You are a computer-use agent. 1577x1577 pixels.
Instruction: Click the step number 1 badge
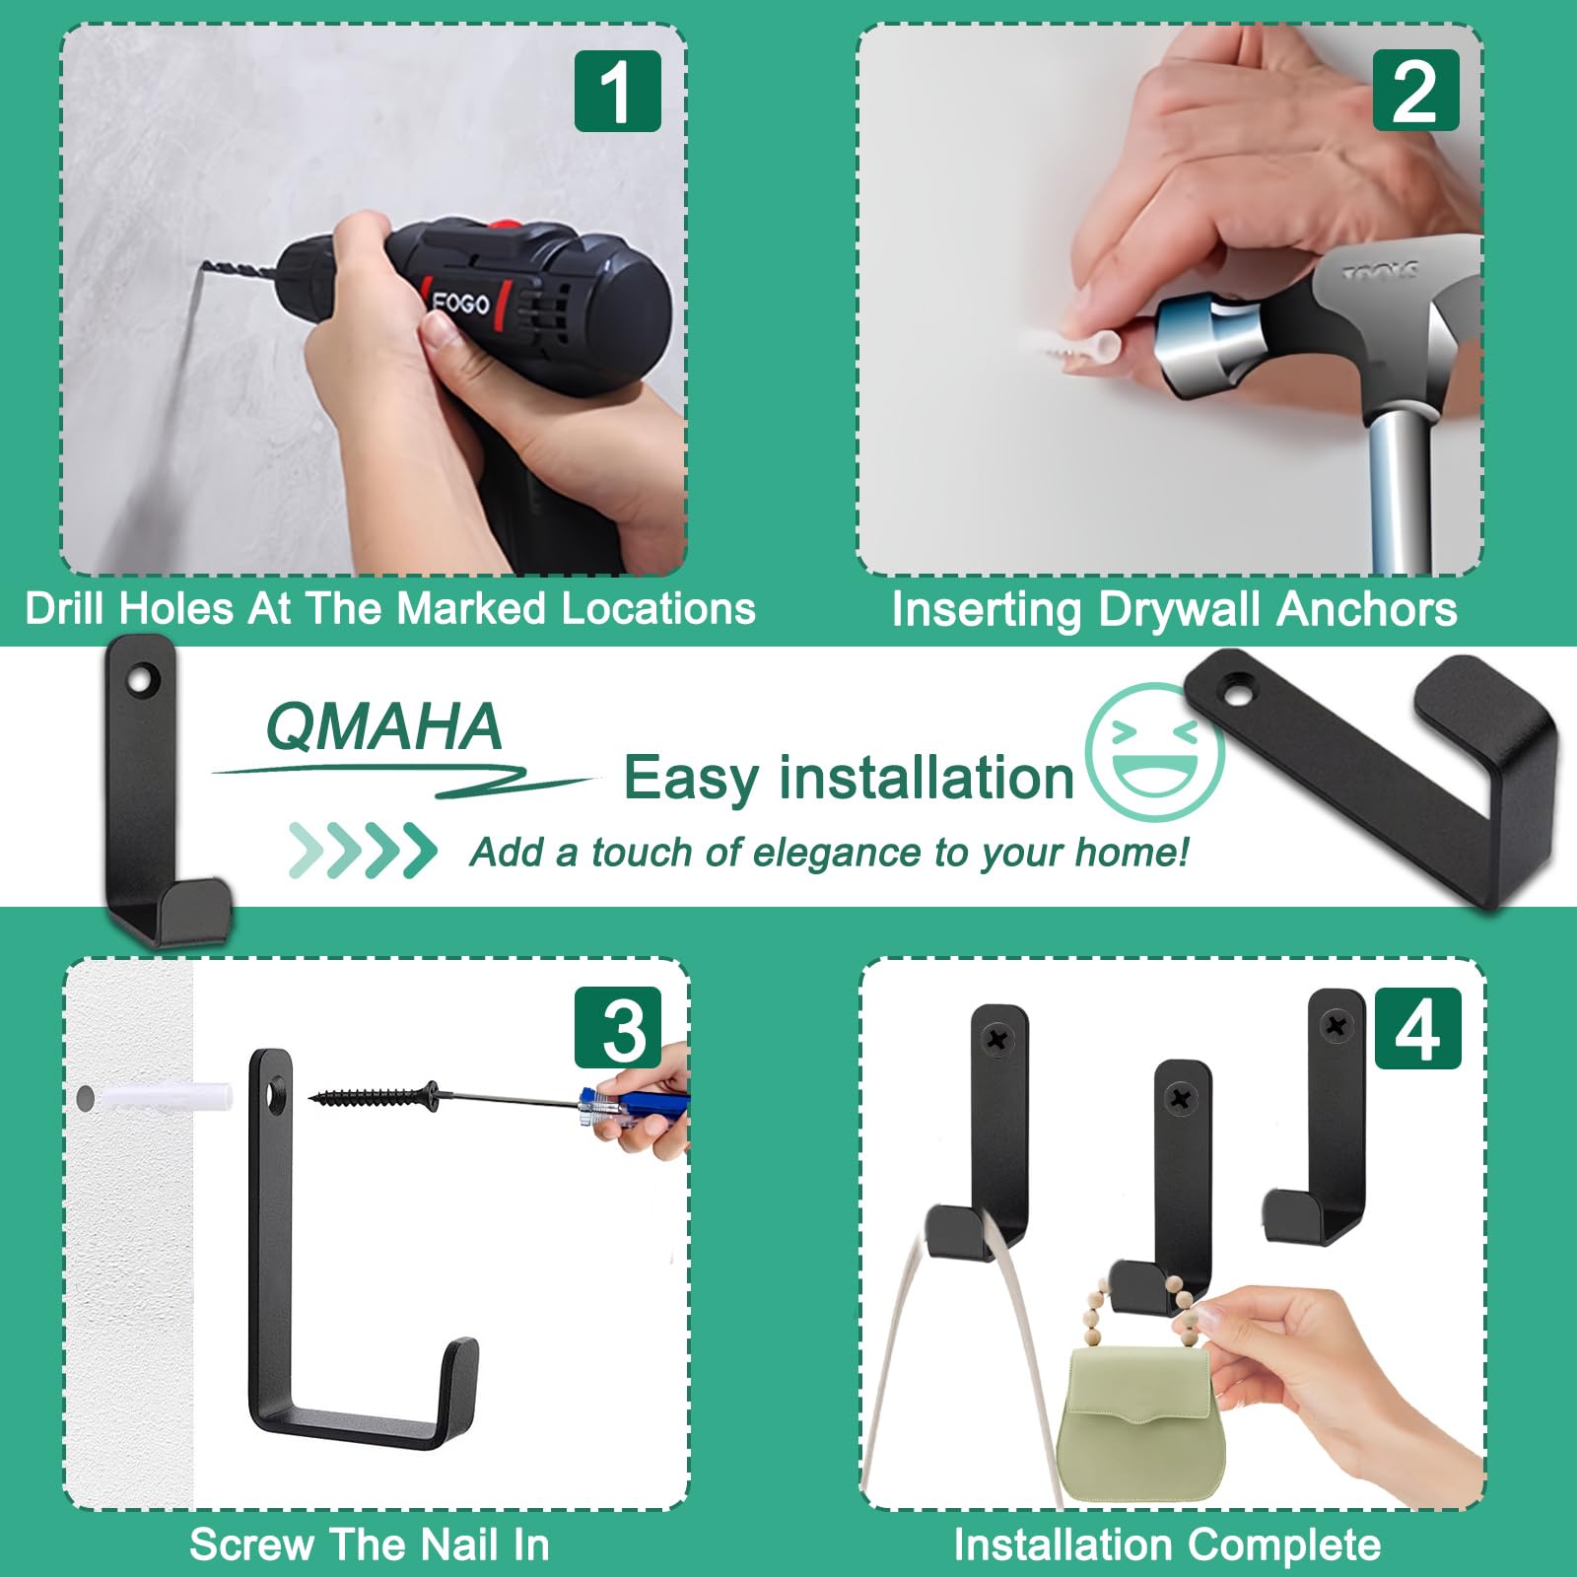618,91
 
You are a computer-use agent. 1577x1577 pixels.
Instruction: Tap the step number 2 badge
1415,91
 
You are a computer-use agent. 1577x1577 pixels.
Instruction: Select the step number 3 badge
618,1027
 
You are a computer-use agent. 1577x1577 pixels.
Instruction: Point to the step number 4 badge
1417,1028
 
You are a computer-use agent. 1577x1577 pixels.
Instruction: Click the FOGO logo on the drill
460,301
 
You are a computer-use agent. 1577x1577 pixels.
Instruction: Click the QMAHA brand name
384,726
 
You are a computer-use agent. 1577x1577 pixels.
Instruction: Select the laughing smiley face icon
1154,751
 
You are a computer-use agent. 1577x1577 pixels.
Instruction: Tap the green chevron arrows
363,850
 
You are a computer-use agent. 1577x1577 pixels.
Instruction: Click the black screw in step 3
375,1095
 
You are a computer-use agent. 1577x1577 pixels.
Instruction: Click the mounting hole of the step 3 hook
277,1093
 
